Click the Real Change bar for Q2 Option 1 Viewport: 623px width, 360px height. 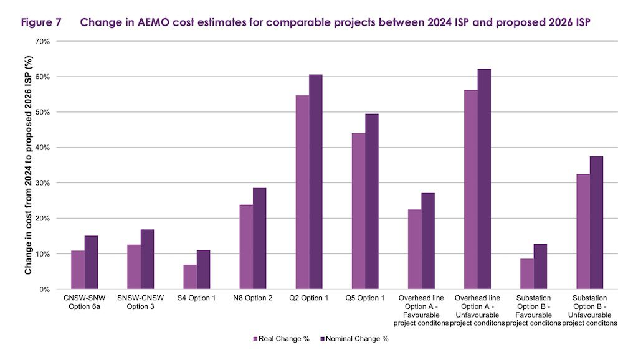coord(302,192)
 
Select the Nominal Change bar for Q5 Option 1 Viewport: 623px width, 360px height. coord(372,202)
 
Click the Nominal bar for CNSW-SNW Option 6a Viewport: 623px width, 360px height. coord(91,263)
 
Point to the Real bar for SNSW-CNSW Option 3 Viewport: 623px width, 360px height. coord(134,267)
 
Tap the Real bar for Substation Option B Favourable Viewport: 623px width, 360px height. coord(527,274)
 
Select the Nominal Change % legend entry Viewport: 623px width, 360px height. coord(355,339)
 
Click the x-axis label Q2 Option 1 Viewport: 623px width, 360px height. coord(309,298)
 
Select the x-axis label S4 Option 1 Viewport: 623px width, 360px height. coord(197,298)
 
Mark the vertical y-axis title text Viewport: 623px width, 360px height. coord(28,165)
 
